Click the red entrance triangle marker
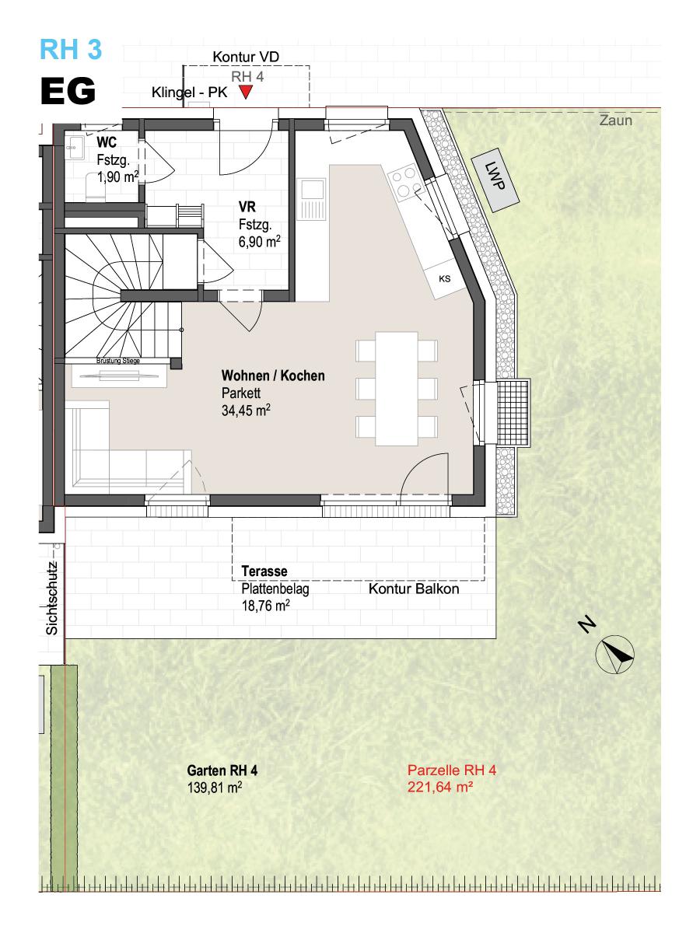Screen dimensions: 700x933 coord(246,92)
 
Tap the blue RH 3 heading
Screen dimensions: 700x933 coord(71,49)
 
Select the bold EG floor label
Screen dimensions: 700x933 coord(68,91)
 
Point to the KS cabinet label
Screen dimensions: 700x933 coord(445,279)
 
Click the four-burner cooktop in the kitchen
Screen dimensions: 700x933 coord(404,181)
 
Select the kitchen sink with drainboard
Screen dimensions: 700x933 coord(312,199)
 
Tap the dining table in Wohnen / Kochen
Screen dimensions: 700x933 coord(397,389)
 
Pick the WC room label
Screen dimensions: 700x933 coord(107,142)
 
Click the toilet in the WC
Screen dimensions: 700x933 coord(96,187)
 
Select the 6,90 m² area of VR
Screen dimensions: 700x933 coord(259,242)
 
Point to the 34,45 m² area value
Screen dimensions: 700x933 coord(246,411)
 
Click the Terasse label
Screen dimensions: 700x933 coord(264,571)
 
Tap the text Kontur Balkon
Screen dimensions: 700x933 coord(414,589)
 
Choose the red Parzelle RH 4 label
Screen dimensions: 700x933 coord(452,770)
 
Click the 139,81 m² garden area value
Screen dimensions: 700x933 coord(215,788)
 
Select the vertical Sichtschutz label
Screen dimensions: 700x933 coord(52,599)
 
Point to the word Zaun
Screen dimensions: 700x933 coord(616,121)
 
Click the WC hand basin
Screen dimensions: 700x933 coord(75,147)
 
